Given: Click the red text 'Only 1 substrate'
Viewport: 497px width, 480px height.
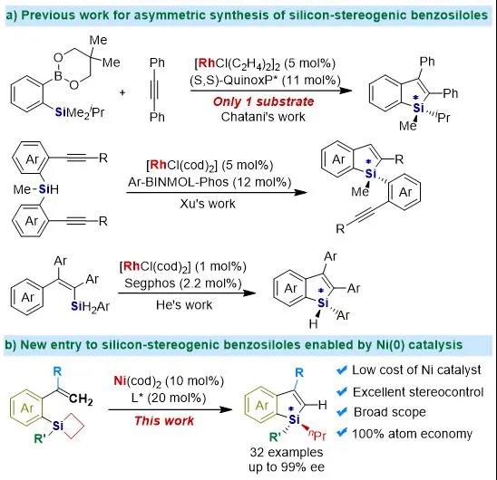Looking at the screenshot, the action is (263, 101).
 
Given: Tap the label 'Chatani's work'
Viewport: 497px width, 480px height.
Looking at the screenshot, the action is (263, 117).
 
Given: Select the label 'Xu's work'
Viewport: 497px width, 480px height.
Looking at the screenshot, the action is (208, 204).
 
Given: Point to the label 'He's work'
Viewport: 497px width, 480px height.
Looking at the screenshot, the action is (184, 305).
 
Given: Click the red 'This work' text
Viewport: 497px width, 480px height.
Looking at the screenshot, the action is (164, 421).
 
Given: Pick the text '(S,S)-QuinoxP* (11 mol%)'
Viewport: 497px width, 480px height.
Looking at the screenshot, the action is (265, 81).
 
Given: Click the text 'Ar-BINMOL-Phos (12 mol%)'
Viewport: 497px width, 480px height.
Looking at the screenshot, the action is (210, 182).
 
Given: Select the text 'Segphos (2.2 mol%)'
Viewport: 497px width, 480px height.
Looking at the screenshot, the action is (183, 283).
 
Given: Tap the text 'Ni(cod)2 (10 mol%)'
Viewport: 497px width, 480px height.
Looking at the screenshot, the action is (169, 381).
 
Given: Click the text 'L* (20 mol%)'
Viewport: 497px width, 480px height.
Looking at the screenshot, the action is (169, 398).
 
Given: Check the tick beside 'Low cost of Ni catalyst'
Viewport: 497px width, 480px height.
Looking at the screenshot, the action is (342, 370).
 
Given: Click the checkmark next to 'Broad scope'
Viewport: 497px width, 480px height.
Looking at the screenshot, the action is (342, 412).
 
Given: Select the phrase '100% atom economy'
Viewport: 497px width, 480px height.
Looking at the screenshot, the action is (412, 434).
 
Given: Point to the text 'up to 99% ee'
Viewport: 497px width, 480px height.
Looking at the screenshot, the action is (287, 467).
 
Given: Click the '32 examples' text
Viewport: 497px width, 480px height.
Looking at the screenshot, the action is (287, 452).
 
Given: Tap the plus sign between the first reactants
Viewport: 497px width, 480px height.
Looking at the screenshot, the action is (122, 92).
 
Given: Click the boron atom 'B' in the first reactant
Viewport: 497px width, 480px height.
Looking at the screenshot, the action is (58, 75).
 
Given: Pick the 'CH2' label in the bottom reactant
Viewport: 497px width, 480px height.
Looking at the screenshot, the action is (81, 398).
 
